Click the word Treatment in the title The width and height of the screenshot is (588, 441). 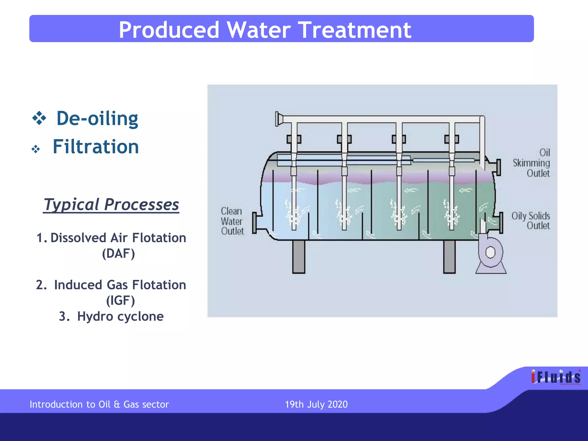[355, 30]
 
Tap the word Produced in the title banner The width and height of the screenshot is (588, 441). [169, 30]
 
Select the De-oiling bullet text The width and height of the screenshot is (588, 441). [97, 118]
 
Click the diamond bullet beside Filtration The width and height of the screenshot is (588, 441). [36, 149]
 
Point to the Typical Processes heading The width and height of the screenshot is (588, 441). [111, 204]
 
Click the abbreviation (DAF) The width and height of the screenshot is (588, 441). [118, 254]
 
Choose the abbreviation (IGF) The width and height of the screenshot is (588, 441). [120, 301]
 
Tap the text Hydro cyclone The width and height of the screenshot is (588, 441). [120, 316]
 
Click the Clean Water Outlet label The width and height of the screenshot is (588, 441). [232, 221]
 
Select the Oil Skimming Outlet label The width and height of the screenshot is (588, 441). [532, 163]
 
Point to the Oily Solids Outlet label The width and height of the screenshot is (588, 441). [531, 220]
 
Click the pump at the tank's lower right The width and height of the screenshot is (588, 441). [490, 253]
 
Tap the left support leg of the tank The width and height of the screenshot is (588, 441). [299, 256]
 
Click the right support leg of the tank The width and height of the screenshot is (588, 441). [449, 256]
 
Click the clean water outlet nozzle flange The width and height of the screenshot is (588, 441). [254, 223]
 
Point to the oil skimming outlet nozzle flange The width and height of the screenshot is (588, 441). [499, 167]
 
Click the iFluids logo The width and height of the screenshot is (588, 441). [556, 377]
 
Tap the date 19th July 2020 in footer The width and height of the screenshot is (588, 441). [316, 404]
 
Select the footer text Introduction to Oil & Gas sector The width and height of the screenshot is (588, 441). [99, 404]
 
